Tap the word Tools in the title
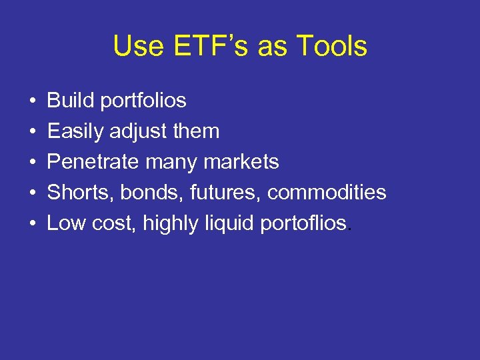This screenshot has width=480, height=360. (331, 47)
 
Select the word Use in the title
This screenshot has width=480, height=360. (135, 47)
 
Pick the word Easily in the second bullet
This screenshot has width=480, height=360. (75, 132)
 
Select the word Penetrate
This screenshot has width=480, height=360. (89, 162)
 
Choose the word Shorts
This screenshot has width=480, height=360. (73, 193)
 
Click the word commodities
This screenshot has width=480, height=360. (327, 193)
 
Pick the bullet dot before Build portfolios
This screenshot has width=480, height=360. (32, 101)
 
